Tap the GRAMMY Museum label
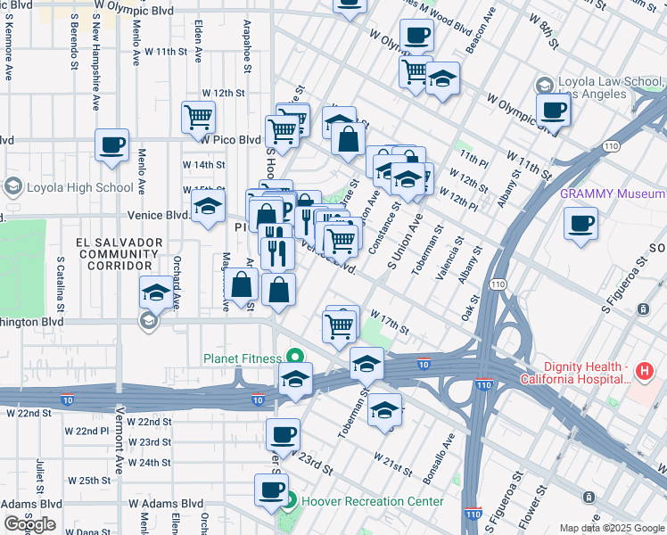pos(612,193)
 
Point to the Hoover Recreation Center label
pos(372,501)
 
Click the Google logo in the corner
pos(29,524)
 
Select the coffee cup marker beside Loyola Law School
pos(554,111)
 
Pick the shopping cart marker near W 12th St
pos(199,116)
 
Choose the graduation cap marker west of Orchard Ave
pos(156,292)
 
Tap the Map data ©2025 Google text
pos(612,528)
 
